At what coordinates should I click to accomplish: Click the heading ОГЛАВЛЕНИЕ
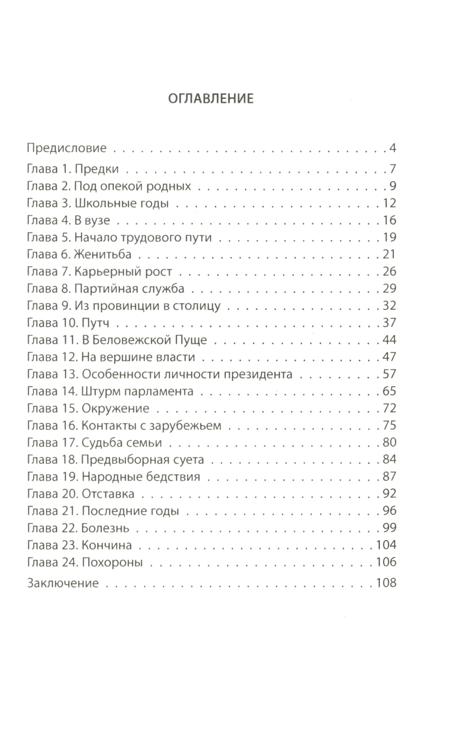pos(211,98)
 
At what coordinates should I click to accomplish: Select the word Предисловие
pos(67,148)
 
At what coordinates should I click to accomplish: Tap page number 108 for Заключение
pos(386,583)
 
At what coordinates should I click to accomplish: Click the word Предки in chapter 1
pos(97,169)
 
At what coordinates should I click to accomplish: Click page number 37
pos(390,323)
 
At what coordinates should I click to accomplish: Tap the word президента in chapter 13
pos(261,374)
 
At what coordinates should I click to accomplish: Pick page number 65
pos(390,391)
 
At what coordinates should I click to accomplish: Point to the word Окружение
pos(115,408)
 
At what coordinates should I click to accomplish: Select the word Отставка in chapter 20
pos(108,494)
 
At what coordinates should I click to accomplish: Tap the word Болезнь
pos(105,528)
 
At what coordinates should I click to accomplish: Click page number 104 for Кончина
pos(386,545)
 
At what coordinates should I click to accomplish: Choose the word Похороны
pos(112,563)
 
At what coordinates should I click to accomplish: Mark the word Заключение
pos(63,583)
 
